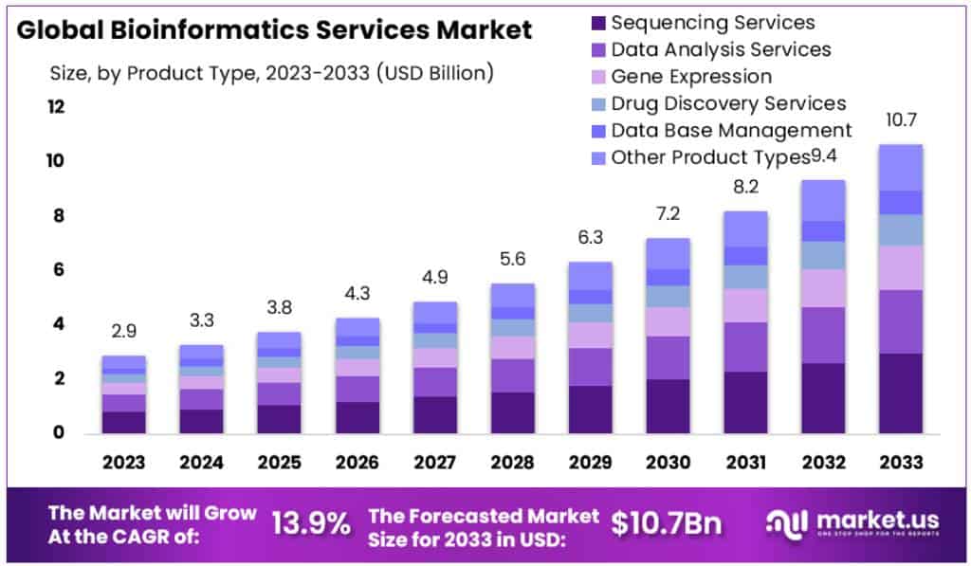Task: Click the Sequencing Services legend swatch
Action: [x=597, y=23]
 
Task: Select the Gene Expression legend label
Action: [x=691, y=76]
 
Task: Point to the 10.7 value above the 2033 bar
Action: [x=901, y=120]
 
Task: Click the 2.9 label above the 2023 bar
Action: [x=124, y=332]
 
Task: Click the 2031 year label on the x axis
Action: [x=745, y=463]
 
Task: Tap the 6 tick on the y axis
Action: [x=59, y=270]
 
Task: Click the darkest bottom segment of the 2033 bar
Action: [x=901, y=393]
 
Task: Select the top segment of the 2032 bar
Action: [x=823, y=200]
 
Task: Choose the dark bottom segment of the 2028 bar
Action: [x=512, y=412]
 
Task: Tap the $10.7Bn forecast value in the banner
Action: [x=666, y=523]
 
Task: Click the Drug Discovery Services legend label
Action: [x=728, y=102]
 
